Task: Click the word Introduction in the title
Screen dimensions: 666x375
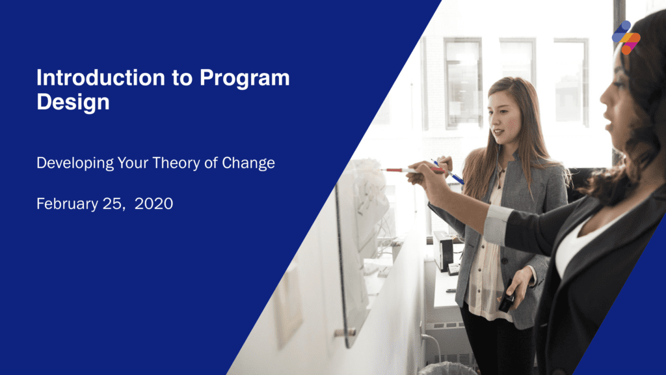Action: click(x=101, y=78)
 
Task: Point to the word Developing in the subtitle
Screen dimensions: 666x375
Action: click(x=75, y=163)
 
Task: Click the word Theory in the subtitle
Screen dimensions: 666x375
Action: click(x=176, y=163)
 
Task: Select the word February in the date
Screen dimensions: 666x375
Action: click(x=68, y=204)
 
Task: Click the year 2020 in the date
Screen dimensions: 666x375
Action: click(x=153, y=204)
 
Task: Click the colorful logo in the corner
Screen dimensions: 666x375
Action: click(x=626, y=37)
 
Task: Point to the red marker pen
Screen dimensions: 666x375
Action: click(x=412, y=170)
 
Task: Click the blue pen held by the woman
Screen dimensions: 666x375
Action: click(x=448, y=172)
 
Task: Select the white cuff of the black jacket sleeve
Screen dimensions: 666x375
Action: click(x=497, y=225)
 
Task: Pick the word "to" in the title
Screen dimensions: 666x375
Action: click(x=182, y=79)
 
